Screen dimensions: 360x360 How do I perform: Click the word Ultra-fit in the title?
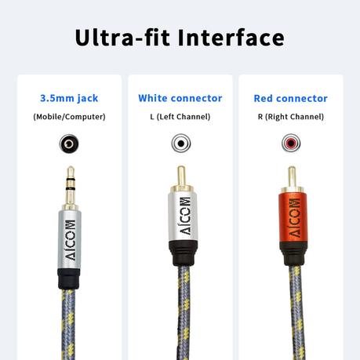pos(122,38)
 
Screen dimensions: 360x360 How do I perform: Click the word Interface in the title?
pos(231,38)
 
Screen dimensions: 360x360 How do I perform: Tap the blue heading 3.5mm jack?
pos(69,99)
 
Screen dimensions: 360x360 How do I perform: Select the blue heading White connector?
pos(180,98)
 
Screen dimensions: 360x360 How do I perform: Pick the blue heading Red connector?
pos(291,99)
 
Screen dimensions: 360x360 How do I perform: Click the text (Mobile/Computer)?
pos(69,117)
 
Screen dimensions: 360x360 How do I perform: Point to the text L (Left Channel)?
pos(180,117)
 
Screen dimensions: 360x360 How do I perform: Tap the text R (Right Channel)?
pos(291,117)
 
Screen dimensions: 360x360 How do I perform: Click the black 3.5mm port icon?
pos(69,144)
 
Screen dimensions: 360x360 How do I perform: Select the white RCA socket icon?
pos(181,144)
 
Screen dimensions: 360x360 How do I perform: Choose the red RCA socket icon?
pos(291,143)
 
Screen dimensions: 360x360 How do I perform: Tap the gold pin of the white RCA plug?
pos(181,175)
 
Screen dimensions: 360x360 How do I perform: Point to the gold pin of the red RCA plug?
pos(292,176)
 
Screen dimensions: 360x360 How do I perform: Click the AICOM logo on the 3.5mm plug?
pos(70,240)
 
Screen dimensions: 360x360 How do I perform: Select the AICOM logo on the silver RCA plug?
pos(185,216)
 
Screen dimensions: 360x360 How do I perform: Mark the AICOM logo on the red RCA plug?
pos(295,218)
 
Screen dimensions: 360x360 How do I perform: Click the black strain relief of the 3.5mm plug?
pos(68,279)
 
